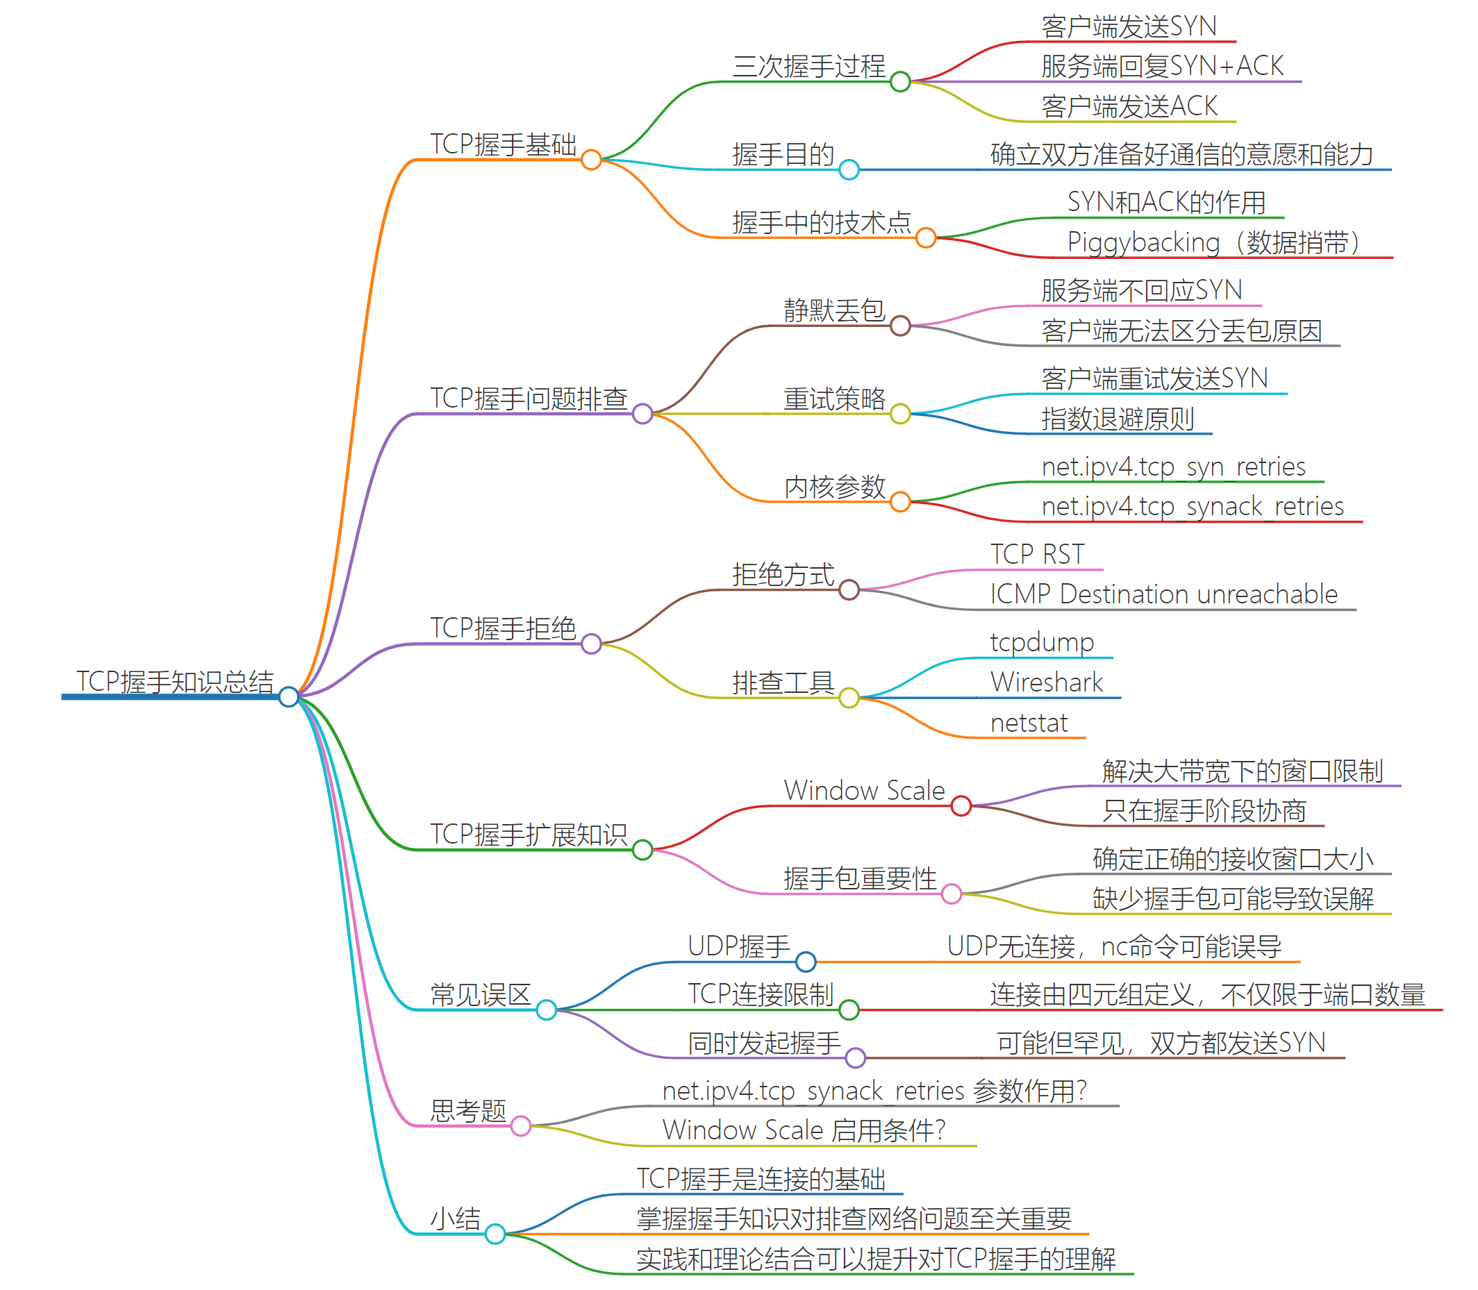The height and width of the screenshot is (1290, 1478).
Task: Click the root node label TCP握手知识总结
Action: point(175,681)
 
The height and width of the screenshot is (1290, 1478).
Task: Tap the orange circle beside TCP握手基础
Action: point(590,160)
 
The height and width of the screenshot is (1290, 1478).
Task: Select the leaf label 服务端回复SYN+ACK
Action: point(1161,66)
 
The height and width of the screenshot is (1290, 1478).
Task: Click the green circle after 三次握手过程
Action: point(899,82)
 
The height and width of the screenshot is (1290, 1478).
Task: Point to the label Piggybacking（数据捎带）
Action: point(1213,242)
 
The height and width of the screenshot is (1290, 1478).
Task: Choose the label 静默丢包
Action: point(834,310)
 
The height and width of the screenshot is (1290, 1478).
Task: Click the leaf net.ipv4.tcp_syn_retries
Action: point(1173,467)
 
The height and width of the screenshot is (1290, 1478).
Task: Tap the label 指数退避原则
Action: point(1117,418)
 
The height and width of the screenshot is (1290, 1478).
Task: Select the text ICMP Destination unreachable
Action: point(1163,594)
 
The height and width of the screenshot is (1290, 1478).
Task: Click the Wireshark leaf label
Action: point(1046,682)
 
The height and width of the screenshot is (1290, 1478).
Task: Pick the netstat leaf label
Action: point(1029,723)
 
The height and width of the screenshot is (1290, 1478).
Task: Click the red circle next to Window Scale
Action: point(961,806)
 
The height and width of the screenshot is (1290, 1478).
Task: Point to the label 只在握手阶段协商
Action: point(1204,810)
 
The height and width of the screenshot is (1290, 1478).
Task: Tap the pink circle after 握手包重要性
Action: point(952,894)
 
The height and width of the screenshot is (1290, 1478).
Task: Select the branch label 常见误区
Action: point(480,995)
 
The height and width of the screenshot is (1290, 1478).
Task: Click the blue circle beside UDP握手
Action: point(805,961)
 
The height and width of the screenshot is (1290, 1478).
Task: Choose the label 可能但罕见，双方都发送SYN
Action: point(1161,1043)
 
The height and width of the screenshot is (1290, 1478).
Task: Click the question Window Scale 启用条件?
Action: point(803,1130)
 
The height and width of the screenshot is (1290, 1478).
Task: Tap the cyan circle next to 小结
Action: point(495,1234)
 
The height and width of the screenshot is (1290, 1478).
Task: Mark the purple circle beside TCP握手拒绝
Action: point(590,644)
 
